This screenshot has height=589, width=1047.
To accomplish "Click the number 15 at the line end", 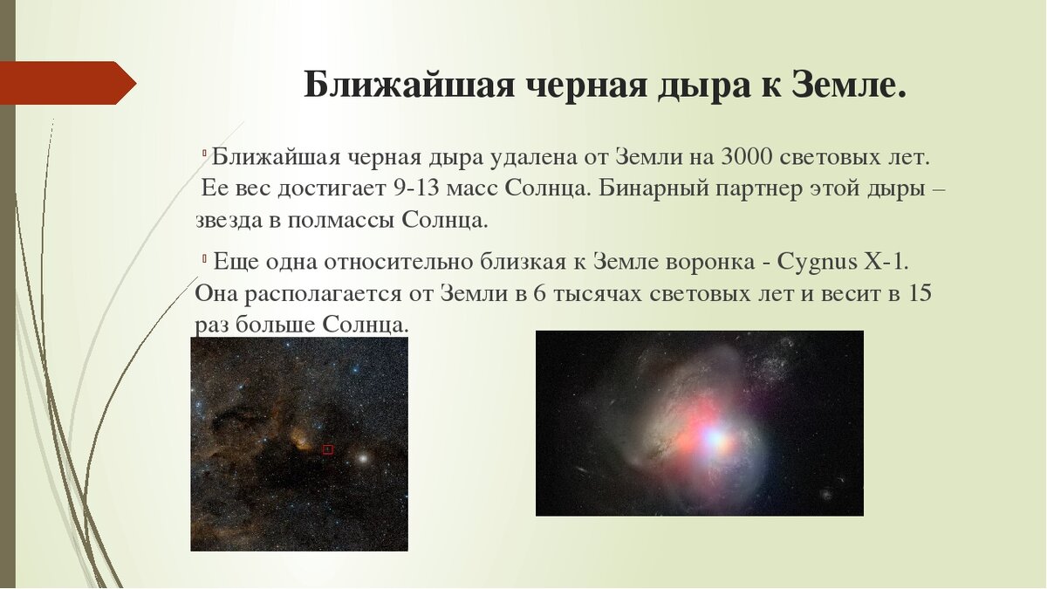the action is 920,293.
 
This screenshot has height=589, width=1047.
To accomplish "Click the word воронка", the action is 709,263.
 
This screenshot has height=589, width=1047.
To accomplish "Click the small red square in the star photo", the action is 328,449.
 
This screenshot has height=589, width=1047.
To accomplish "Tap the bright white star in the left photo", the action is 362,457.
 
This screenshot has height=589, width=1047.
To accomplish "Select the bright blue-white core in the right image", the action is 715,438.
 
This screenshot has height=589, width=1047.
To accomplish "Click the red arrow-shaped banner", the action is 68,83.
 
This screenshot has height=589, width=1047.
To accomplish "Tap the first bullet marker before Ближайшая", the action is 205,153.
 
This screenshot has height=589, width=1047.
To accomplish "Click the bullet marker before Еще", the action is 205,257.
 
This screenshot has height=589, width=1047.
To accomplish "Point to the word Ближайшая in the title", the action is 409,85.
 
